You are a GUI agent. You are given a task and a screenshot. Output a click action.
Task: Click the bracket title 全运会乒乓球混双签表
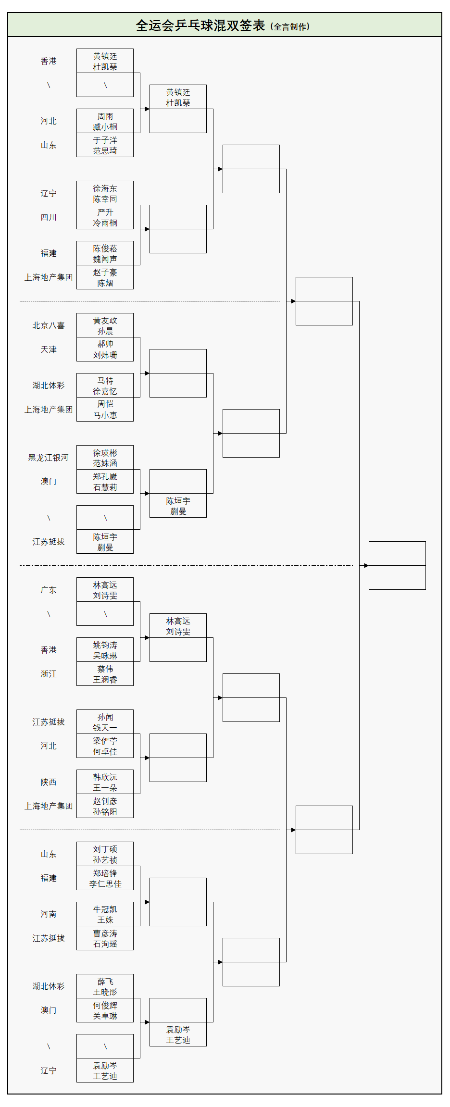click(200, 25)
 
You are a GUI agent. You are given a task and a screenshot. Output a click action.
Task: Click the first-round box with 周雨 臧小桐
click(105, 121)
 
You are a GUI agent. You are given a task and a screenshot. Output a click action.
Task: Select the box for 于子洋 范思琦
click(105, 145)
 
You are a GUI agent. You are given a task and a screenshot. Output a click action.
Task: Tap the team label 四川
click(49, 217)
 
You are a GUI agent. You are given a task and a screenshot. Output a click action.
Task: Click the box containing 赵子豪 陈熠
click(105, 277)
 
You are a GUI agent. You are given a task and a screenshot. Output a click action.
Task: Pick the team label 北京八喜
click(49, 325)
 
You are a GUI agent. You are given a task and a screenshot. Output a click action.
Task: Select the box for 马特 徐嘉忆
click(105, 386)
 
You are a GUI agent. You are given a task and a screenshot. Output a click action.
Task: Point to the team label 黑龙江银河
click(49, 458)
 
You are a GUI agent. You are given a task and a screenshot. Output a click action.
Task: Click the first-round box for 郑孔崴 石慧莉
click(105, 482)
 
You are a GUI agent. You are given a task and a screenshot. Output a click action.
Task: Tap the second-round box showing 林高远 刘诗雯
click(178, 626)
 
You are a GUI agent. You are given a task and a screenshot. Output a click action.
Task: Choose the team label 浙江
click(49, 674)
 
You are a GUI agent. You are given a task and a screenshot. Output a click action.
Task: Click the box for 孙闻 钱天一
click(105, 722)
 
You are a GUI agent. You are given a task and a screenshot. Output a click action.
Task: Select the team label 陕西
click(49, 782)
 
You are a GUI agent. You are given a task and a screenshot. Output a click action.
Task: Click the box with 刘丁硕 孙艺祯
click(105, 854)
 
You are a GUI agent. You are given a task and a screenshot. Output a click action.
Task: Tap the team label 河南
click(49, 914)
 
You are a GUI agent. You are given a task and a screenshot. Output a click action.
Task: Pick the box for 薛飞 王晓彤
click(105, 986)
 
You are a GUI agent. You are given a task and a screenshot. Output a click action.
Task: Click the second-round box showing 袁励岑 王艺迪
click(178, 1034)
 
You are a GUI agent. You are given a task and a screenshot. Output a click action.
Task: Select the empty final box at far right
click(397, 566)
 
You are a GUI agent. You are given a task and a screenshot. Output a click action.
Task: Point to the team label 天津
click(49, 349)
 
